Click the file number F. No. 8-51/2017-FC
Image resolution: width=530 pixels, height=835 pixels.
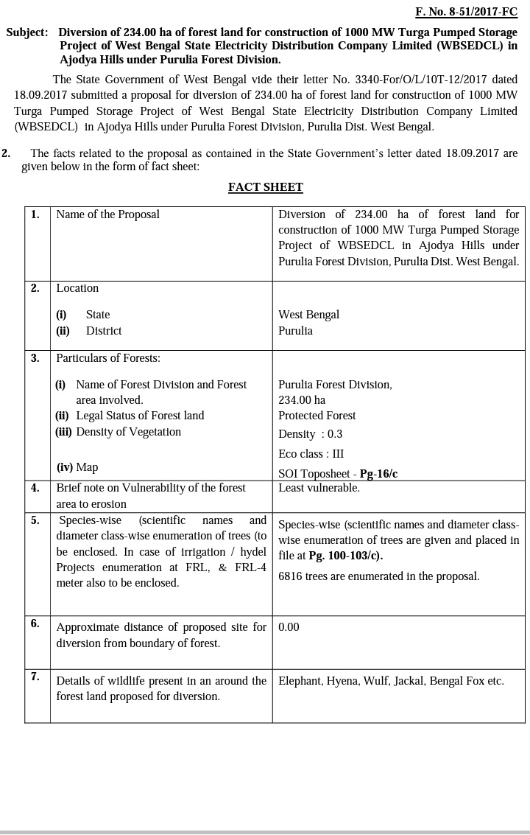pos(466,12)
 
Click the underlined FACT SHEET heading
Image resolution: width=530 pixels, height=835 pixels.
pos(265,187)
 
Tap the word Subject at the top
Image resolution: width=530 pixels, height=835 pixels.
pos(26,32)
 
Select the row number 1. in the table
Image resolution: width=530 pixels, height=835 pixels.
pos(35,214)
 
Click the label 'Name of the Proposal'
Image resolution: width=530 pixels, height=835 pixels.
pos(107,214)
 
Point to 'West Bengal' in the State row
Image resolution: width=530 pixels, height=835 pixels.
pos(308,315)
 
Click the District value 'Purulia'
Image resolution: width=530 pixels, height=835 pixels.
pos(295,331)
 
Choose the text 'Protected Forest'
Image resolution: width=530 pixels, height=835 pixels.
pos(317,416)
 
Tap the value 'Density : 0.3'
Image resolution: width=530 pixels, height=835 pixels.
pos(310,434)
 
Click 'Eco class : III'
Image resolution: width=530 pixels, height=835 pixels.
pos(311,454)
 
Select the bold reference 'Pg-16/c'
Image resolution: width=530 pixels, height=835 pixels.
pos(378,474)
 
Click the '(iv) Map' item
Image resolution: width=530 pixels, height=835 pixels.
pos(77,467)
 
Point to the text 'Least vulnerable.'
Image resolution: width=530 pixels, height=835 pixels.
pos(319,488)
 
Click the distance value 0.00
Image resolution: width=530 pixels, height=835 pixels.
pos(289,627)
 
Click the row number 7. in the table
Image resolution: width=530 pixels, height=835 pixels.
pos(35,677)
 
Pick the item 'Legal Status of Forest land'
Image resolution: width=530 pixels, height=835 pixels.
pos(140,416)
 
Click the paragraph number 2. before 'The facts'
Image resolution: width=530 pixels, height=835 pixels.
pos(6,153)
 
